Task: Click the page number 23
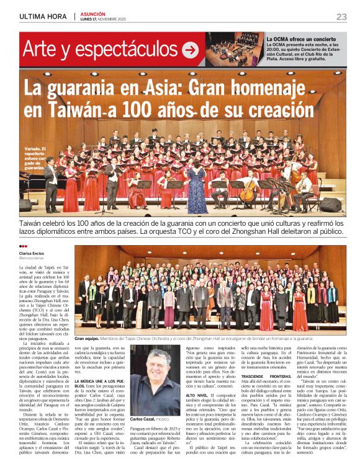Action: click(x=341, y=16)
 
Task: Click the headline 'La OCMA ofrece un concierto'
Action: click(x=301, y=39)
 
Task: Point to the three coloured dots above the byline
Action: click(x=24, y=246)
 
